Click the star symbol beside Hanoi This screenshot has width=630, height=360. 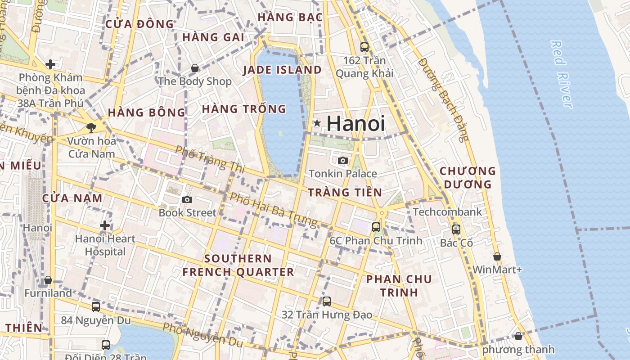click(317, 123)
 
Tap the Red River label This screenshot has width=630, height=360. click(562, 74)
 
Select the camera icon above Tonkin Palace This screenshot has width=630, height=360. click(343, 160)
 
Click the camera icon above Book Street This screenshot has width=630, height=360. click(187, 199)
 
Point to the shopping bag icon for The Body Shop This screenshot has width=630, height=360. click(195, 68)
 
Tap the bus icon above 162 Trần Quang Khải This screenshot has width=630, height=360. click(364, 47)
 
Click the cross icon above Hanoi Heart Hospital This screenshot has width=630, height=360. click(105, 225)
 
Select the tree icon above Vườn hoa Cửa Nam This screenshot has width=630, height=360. click(91, 128)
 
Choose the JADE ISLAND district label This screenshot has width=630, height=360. click(282, 70)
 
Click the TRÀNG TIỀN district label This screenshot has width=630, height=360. click(345, 193)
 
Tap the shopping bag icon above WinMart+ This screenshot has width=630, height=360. click(497, 256)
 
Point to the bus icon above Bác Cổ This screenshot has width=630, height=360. click(456, 229)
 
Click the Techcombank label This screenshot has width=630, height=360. click(447, 211)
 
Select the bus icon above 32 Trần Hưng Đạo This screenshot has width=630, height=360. click(327, 301)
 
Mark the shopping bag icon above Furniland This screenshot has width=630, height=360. click(48, 280)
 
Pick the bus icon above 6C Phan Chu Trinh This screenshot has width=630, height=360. click(376, 227)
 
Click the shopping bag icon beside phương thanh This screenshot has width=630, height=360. click(518, 336)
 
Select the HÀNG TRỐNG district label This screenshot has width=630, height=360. click(244, 109)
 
